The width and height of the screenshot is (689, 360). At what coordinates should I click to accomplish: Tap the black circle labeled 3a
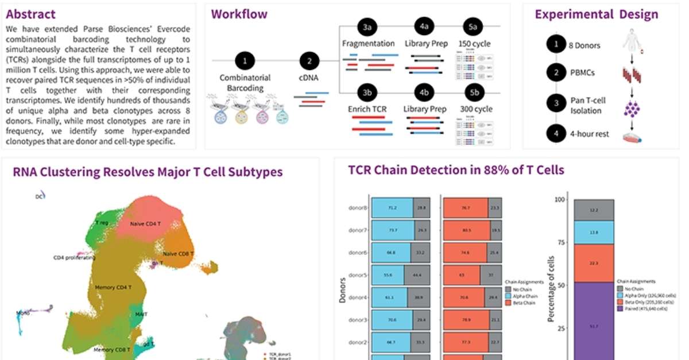coord(367,27)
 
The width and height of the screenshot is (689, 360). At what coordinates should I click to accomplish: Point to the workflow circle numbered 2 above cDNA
coord(310,60)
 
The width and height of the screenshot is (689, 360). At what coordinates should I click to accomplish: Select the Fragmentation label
coord(368,44)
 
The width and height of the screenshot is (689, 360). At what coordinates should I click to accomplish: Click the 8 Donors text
coord(585,45)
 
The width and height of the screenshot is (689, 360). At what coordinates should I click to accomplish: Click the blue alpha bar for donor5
coord(387,275)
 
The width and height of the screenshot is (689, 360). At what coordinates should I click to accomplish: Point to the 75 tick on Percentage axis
coord(560,242)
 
